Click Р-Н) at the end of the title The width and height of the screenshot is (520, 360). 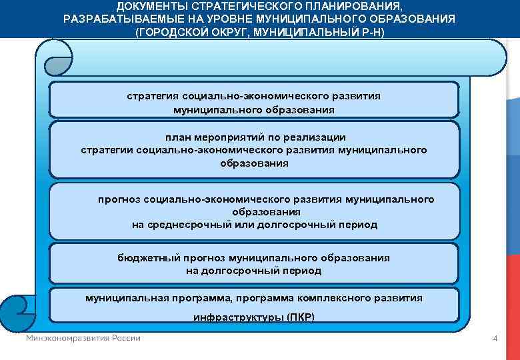point(371,32)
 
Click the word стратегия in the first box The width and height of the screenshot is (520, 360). point(152,96)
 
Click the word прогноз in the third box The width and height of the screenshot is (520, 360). point(120,199)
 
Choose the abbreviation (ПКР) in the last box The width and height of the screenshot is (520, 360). point(300,317)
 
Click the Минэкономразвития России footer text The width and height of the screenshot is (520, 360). point(83,338)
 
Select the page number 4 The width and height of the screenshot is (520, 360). point(495,339)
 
